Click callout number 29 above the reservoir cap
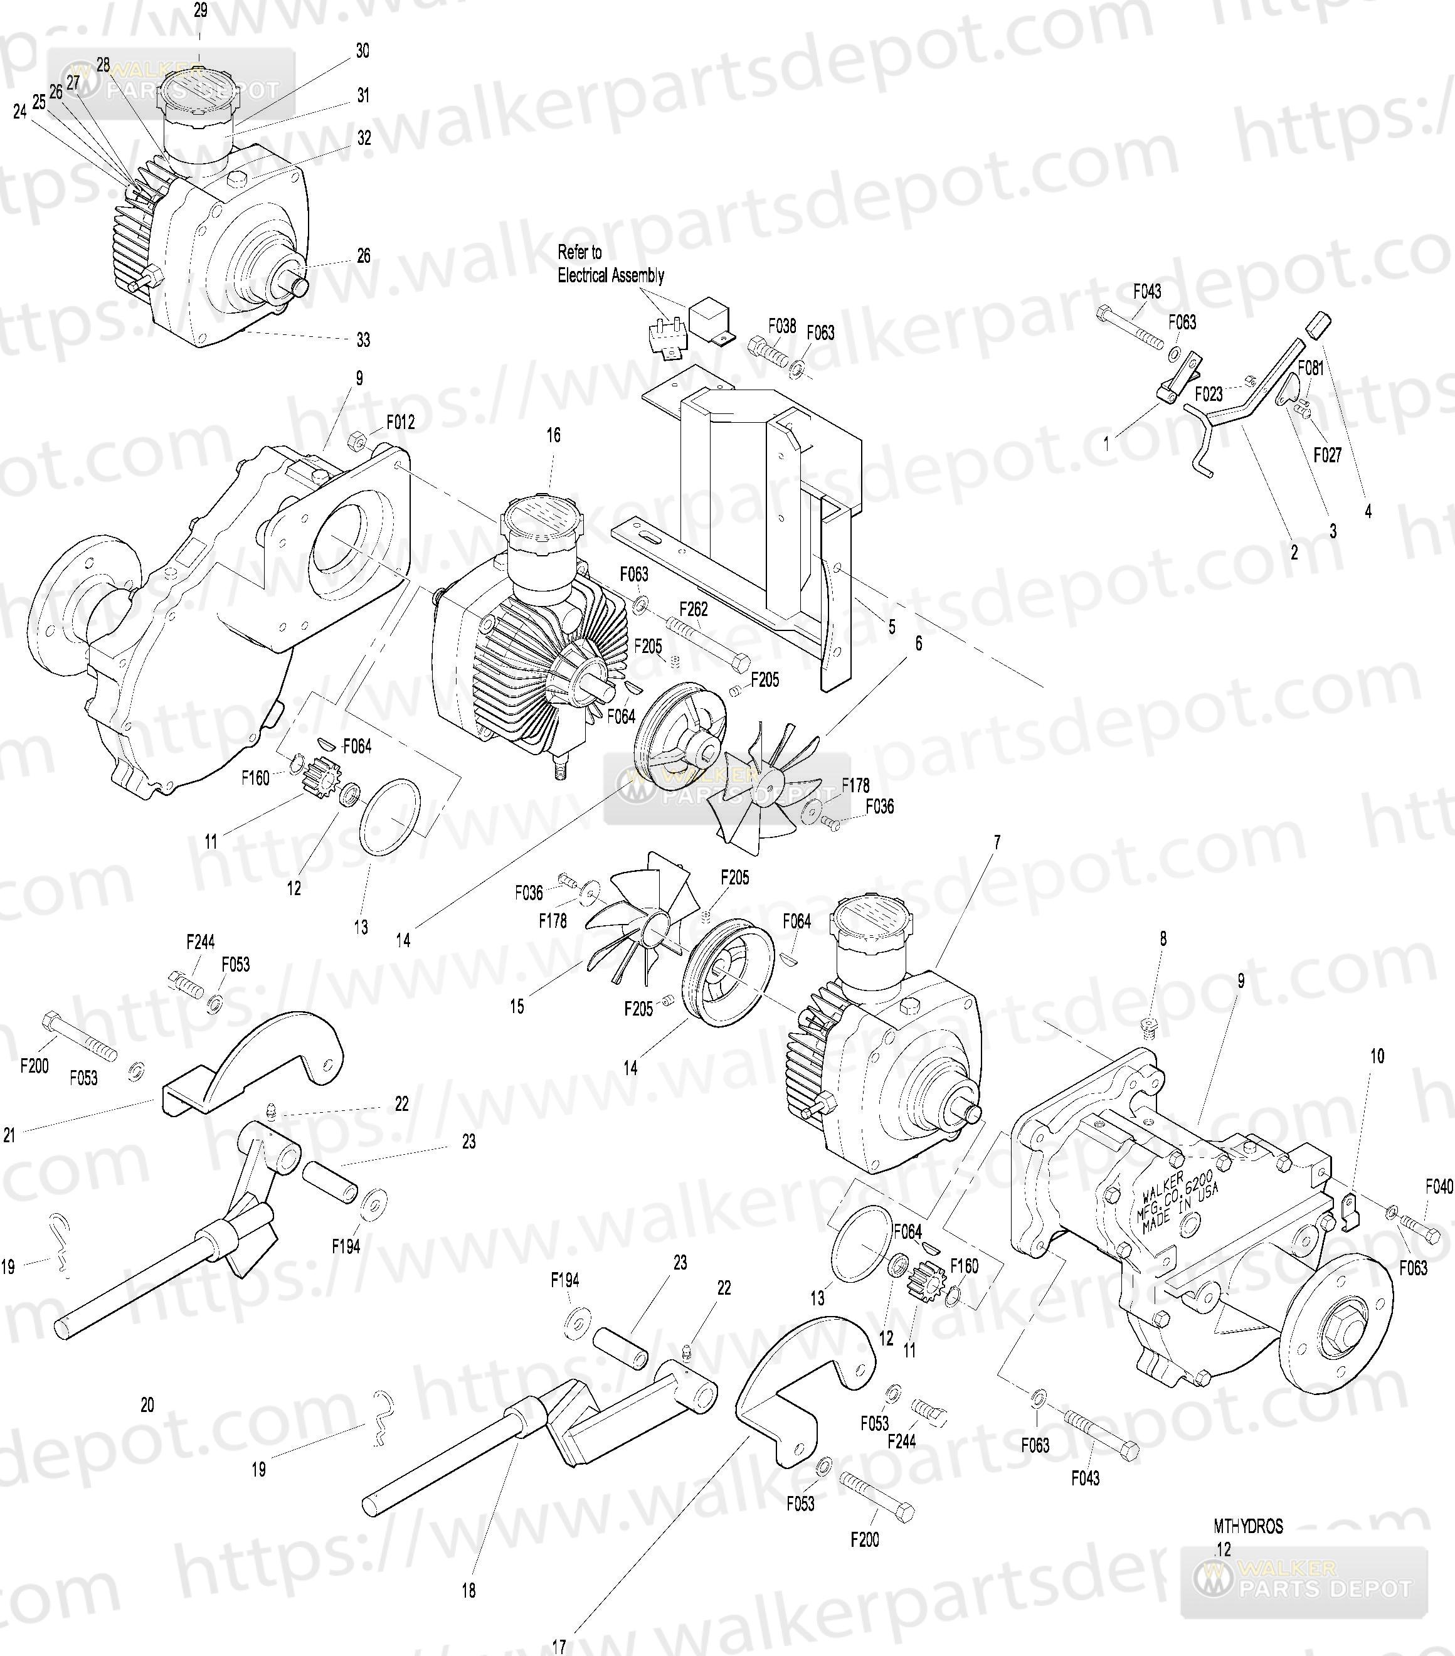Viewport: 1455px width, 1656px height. click(200, 11)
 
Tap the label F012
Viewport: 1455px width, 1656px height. click(400, 422)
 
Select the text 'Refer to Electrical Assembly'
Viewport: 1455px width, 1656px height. click(610, 264)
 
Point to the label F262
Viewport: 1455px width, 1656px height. click(694, 608)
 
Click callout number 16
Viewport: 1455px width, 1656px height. click(553, 435)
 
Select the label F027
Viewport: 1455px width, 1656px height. click(1327, 455)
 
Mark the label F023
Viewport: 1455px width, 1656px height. click(1209, 395)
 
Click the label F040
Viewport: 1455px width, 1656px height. click(1439, 1187)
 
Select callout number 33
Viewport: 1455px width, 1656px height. click(363, 340)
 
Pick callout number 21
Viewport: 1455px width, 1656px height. click(9, 1136)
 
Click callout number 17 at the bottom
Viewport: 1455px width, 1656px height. click(559, 1647)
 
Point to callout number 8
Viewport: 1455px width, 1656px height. click(1163, 939)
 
